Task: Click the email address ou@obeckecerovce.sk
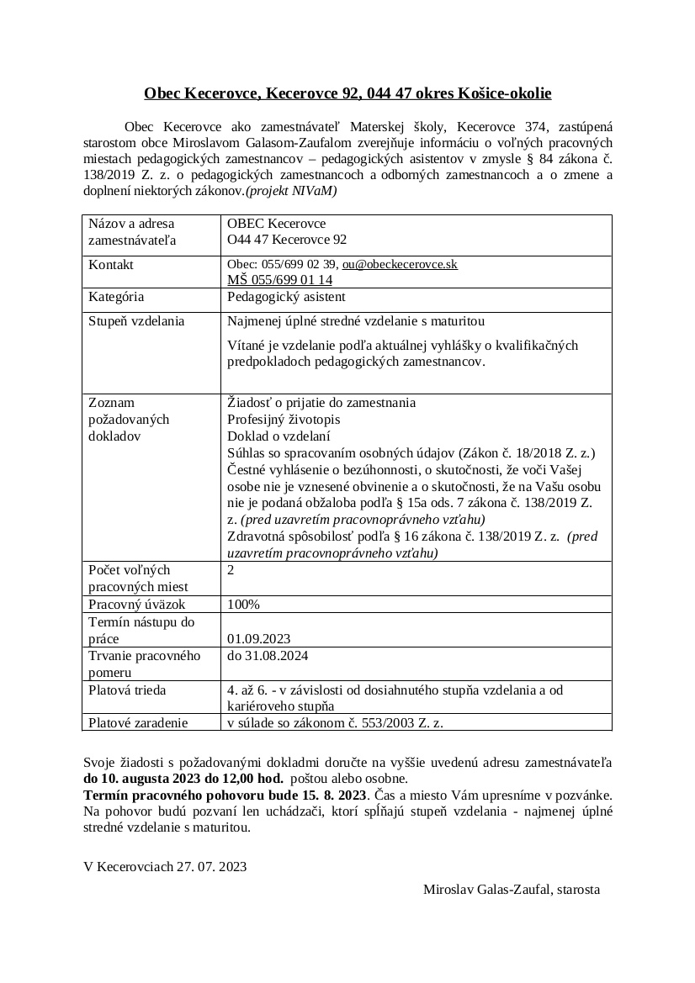400,264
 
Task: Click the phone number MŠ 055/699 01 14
279,280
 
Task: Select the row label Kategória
116,297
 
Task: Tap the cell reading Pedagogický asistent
286,297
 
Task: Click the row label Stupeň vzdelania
136,321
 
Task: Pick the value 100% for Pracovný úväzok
244,605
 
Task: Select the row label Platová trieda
127,690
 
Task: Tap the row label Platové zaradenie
138,722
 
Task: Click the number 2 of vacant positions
231,570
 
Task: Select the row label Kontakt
111,264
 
